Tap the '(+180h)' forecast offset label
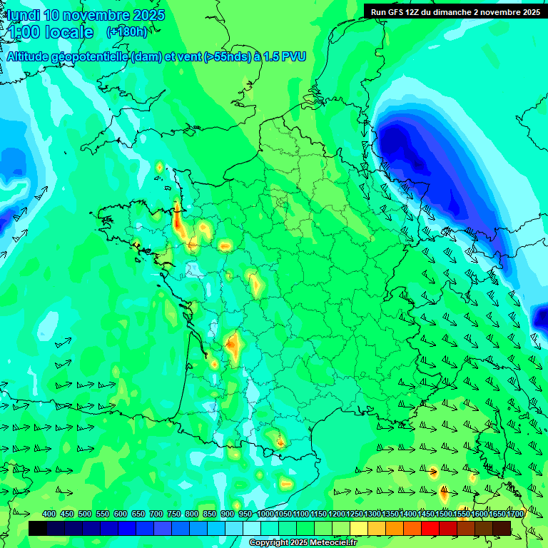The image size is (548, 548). coord(127,31)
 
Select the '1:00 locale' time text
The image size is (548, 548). coord(50,32)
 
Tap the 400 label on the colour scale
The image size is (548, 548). coord(49,514)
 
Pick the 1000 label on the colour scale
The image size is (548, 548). coord(265,514)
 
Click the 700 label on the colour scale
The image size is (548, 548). coord(156,514)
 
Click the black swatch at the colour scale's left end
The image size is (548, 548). coord(38,528)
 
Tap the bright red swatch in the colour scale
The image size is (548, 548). coord(430,528)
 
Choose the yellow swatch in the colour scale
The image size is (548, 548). coord(359,528)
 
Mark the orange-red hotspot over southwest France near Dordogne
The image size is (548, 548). coord(233,345)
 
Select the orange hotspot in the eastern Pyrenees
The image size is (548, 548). coord(280,442)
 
